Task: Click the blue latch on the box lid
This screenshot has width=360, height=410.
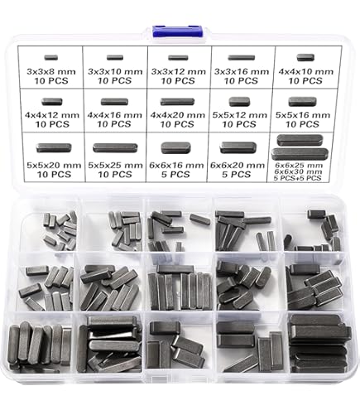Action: click(178, 31)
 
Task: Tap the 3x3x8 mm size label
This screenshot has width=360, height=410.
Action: click(51, 72)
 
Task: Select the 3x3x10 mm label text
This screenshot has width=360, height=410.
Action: click(115, 72)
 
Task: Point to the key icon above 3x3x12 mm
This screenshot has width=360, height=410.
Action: click(178, 58)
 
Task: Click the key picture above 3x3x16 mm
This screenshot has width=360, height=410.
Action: click(242, 58)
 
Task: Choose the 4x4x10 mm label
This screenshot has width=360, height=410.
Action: click(305, 72)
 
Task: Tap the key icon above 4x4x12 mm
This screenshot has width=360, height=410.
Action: click(52, 102)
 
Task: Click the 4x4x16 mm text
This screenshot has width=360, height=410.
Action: click(114, 115)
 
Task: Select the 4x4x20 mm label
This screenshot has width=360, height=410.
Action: click(178, 115)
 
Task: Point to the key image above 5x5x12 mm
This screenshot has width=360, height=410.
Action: click(239, 102)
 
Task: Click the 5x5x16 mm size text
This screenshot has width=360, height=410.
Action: click(303, 115)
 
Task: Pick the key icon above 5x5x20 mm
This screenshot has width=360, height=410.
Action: click(54, 147)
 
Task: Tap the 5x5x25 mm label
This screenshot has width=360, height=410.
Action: click(115, 166)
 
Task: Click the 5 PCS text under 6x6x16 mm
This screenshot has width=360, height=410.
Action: click(175, 174)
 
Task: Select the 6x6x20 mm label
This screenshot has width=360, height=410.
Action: click(238, 166)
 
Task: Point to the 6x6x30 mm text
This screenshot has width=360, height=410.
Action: click(298, 171)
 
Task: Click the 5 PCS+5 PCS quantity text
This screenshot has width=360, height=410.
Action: click(297, 178)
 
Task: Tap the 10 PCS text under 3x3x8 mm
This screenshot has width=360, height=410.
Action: click(51, 81)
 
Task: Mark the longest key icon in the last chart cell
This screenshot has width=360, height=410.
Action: click(300, 154)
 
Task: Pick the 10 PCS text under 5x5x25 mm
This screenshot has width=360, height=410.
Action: click(115, 174)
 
